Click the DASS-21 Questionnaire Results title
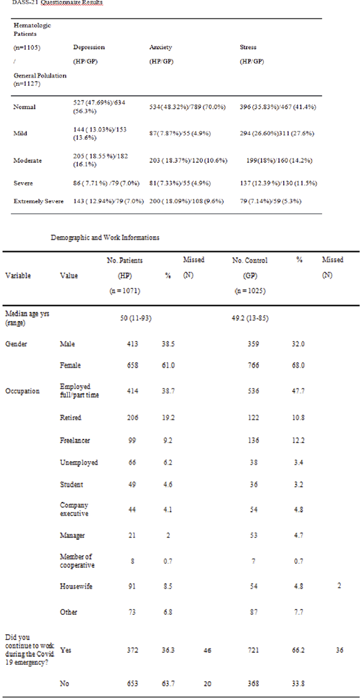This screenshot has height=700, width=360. click(52, 3)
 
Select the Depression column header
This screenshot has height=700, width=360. click(89, 48)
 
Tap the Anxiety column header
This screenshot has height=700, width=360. click(161, 48)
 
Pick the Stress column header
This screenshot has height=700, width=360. click(248, 48)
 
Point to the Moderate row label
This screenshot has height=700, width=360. click(28, 160)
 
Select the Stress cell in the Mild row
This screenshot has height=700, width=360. click(275, 134)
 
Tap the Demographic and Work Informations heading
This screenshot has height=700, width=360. click(105, 237)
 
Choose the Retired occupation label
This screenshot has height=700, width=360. click(71, 418)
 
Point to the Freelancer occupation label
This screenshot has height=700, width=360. click(76, 440)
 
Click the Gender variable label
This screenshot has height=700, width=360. click(17, 343)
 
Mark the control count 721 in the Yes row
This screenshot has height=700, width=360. click(257, 651)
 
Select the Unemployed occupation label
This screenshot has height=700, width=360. click(79, 463)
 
